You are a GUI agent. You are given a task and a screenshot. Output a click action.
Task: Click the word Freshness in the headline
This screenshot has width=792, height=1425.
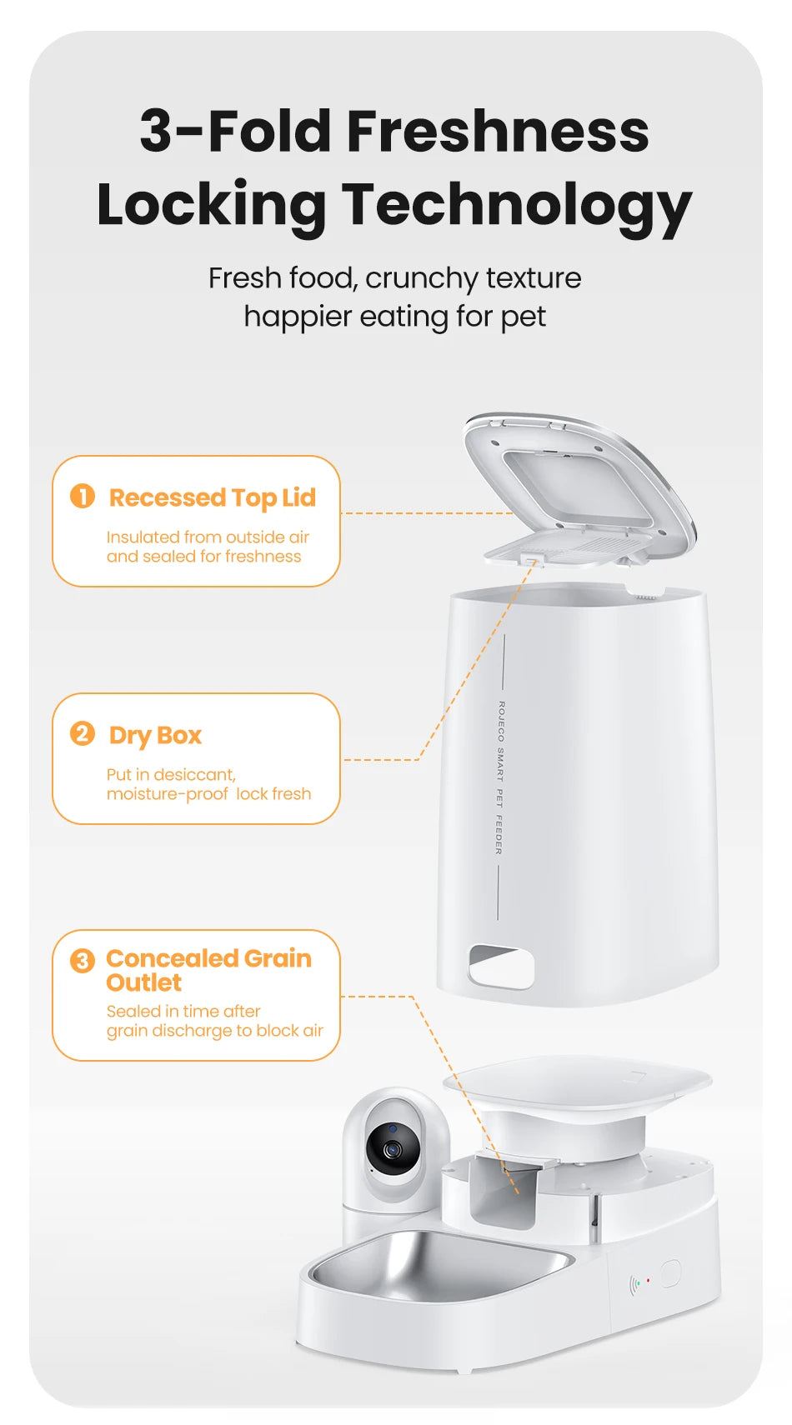pyautogui.click(x=497, y=132)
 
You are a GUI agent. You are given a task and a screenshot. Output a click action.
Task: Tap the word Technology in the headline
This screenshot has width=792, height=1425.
pyautogui.click(x=517, y=205)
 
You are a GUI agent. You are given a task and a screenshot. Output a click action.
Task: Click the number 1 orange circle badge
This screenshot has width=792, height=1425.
pyautogui.click(x=83, y=497)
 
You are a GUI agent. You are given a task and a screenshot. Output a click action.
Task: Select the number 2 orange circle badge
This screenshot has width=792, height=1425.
pyautogui.click(x=83, y=734)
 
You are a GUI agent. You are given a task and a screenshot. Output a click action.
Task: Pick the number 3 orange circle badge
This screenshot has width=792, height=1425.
pyautogui.click(x=83, y=961)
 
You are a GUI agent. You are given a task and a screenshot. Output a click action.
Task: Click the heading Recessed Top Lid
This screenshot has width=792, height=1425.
pyautogui.click(x=213, y=497)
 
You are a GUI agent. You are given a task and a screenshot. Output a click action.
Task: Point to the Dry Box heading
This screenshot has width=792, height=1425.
pyautogui.click(x=155, y=735)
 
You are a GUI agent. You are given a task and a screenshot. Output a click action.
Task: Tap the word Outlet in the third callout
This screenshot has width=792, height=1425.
pyautogui.click(x=143, y=982)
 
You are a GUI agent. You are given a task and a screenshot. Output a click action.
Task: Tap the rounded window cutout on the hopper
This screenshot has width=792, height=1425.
pyautogui.click(x=501, y=967)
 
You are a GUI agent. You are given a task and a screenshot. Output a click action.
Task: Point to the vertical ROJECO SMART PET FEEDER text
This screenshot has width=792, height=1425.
pyautogui.click(x=500, y=777)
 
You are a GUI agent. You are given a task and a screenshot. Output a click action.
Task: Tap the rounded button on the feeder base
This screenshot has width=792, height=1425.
pyautogui.click(x=671, y=1273)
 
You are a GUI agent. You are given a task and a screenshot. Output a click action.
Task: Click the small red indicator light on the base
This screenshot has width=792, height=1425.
pyautogui.click(x=648, y=1280)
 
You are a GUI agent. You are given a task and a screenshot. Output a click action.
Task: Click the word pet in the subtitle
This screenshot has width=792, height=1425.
pyautogui.click(x=524, y=317)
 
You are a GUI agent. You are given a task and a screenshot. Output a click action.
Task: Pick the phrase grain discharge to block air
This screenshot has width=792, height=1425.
pyautogui.click(x=214, y=1031)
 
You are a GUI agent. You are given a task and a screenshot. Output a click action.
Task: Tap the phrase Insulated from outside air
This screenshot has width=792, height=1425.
pyautogui.click(x=208, y=537)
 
